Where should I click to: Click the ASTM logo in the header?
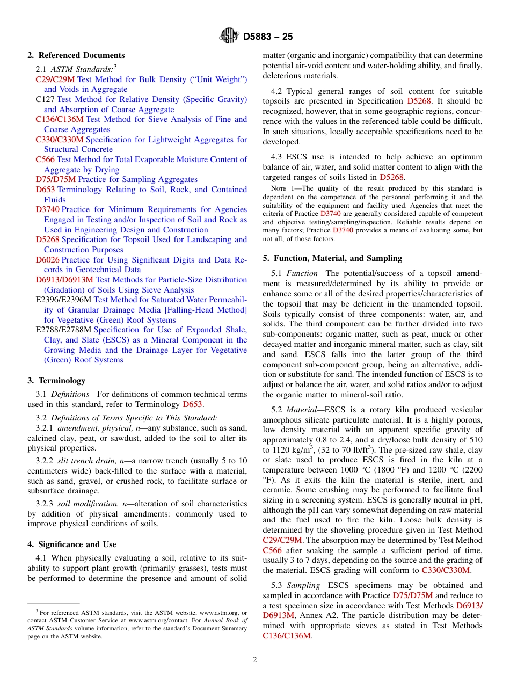(x=229, y=36)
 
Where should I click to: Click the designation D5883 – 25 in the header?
(x=268, y=37)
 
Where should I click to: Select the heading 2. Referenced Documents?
(x=76, y=55)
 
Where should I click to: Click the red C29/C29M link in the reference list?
(x=55, y=79)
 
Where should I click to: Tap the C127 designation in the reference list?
(x=45, y=99)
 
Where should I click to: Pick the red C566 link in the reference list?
(x=45, y=159)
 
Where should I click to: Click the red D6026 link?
(x=47, y=260)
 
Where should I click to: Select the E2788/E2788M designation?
(x=63, y=330)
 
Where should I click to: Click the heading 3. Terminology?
(x=56, y=381)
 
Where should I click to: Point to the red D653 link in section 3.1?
(x=192, y=404)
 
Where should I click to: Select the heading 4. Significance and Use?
(x=71, y=544)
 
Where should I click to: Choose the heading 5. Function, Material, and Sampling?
(x=332, y=258)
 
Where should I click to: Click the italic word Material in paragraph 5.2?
(x=301, y=410)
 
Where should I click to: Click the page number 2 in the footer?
(x=255, y=660)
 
